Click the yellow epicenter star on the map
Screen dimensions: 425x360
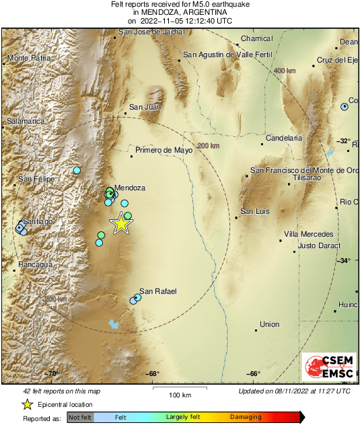tap(121, 223)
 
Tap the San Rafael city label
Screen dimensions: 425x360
tap(157, 291)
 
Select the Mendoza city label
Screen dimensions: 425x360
tap(130, 188)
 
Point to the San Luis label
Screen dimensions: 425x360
tap(255, 211)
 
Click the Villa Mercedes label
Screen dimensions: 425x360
tap(308, 234)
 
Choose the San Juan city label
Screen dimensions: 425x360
tap(145, 107)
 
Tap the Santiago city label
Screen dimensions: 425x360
tap(38, 221)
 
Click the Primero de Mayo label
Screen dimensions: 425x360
tap(164, 151)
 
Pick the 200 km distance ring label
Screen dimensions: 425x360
tap(209, 145)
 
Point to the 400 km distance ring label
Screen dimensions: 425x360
tap(285, 71)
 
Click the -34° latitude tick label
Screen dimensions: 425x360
tap(344, 261)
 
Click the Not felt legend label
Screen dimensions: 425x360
tap(80, 418)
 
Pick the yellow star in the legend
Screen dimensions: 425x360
tap(27, 404)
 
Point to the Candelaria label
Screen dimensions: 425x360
tap(284, 138)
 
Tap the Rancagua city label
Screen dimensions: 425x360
tap(35, 265)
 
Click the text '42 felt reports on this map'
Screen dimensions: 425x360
tap(62, 391)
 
